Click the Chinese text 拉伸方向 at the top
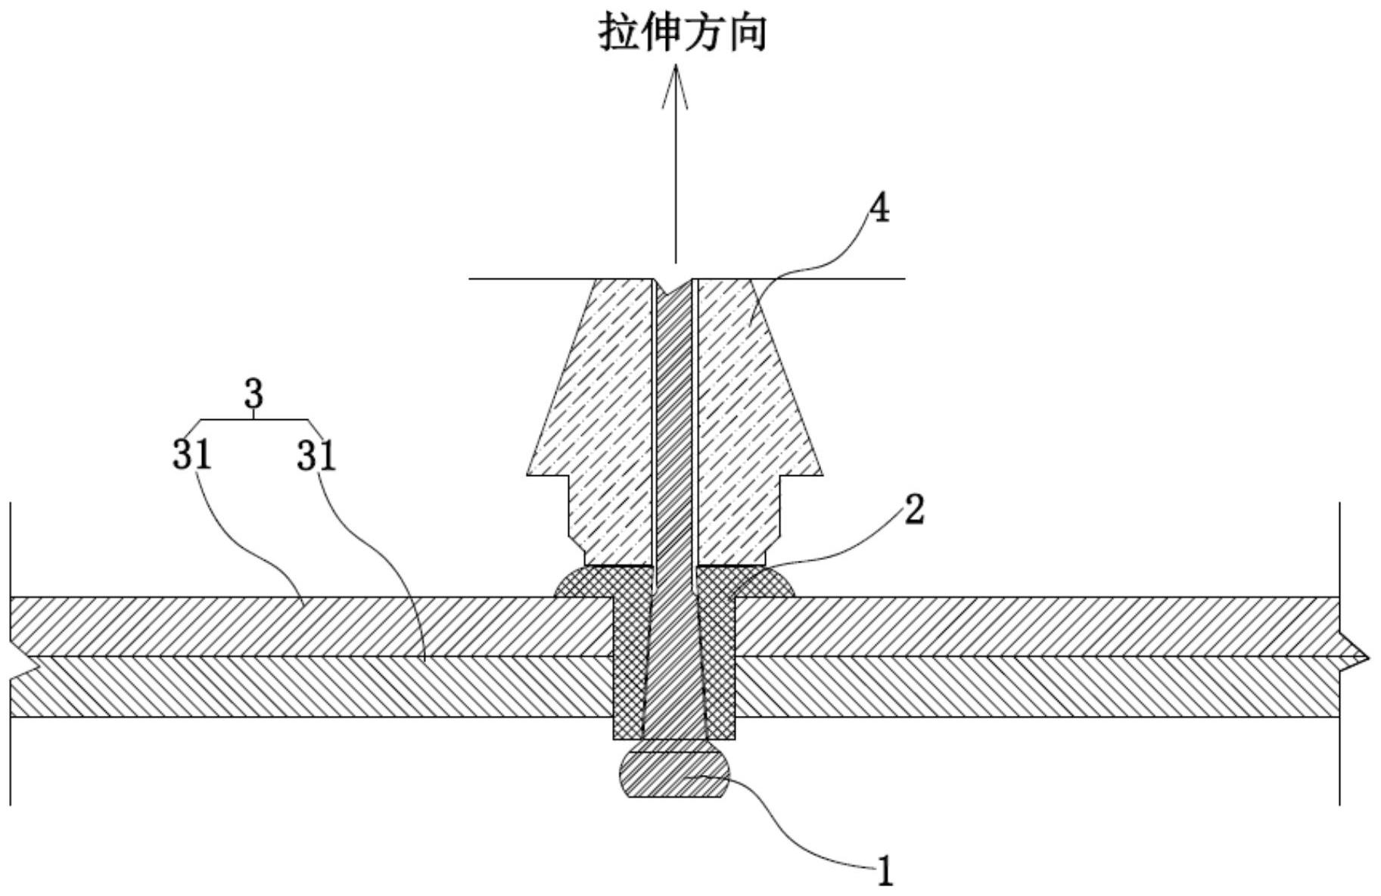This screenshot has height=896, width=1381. point(683,33)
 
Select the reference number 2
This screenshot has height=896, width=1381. point(914,510)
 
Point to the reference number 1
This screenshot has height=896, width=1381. point(885,872)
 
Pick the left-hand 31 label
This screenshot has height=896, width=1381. point(191,455)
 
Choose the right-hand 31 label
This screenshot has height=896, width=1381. point(316,456)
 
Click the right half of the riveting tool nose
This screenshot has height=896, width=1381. point(758,424)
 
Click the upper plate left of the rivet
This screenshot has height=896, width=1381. point(310,626)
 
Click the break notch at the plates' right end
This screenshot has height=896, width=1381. point(1355,658)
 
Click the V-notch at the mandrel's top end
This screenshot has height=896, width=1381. point(675,287)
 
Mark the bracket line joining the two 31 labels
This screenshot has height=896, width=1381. point(253,419)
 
